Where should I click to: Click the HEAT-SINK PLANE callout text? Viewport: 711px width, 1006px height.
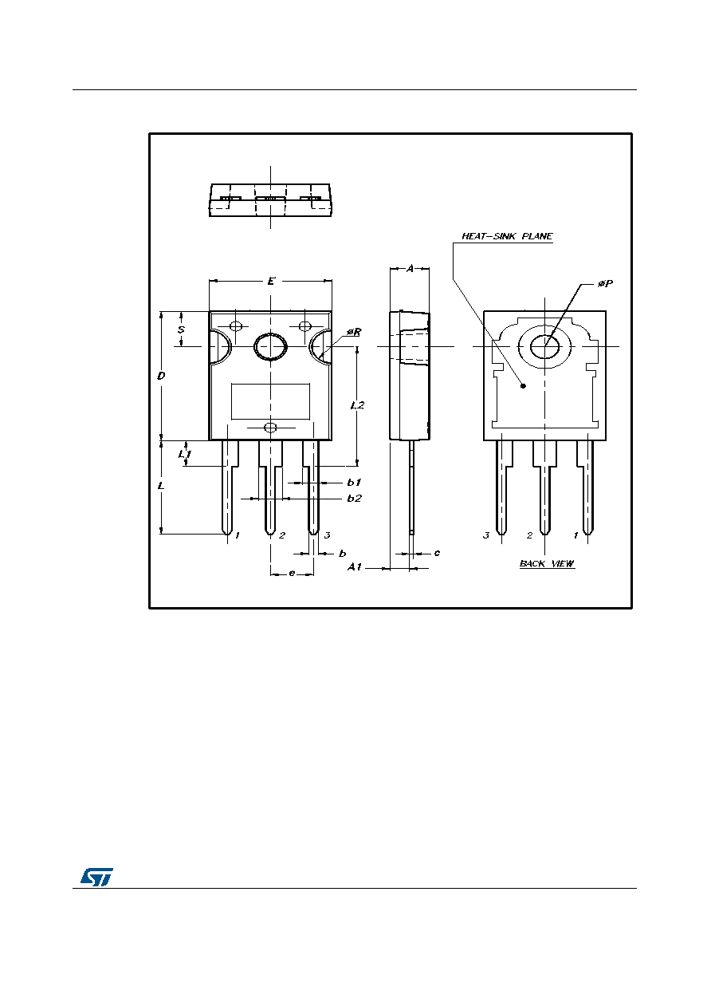tap(507, 236)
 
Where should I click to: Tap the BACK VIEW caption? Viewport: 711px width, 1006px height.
tap(547, 563)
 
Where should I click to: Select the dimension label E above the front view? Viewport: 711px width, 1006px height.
tap(270, 281)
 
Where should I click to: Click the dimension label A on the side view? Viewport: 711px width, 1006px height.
tap(410, 269)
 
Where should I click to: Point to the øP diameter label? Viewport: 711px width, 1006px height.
tap(605, 283)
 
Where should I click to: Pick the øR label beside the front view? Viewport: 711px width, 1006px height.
tap(354, 332)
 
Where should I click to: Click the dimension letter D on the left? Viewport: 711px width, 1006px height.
tap(161, 376)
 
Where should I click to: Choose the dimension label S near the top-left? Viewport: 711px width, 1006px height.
tap(181, 329)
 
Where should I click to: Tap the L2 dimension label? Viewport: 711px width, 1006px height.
tap(357, 405)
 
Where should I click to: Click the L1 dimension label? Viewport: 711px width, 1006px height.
tap(184, 455)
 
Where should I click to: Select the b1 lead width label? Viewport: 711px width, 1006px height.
tap(354, 483)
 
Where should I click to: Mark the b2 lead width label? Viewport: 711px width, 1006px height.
tap(354, 498)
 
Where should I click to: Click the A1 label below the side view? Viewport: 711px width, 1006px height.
tap(355, 567)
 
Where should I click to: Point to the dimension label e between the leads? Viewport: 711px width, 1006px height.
tap(292, 573)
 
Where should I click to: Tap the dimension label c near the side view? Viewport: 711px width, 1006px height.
tap(437, 553)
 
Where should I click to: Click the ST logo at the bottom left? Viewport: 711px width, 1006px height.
tap(96, 877)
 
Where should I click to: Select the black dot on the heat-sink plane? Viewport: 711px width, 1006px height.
tap(523, 386)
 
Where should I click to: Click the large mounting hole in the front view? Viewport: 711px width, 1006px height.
tap(270, 347)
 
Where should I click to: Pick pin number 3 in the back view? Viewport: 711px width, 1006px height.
tap(485, 535)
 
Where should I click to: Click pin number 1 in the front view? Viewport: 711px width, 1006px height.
tap(238, 535)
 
